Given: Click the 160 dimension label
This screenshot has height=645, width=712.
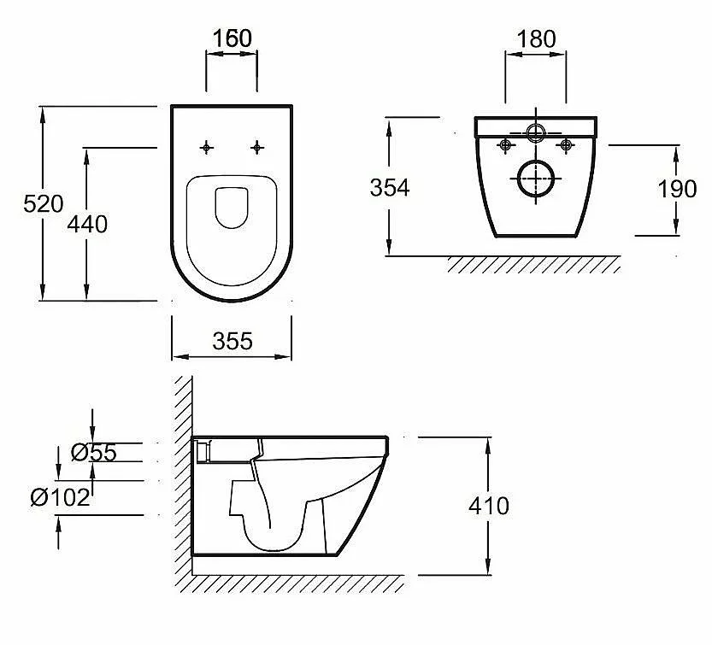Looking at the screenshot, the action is [232, 38].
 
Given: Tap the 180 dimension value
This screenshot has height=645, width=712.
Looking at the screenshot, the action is [536, 39].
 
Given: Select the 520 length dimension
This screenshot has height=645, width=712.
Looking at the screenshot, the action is [44, 204].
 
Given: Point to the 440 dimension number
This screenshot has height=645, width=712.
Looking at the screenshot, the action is [87, 224].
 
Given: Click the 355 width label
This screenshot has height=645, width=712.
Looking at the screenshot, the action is [232, 342].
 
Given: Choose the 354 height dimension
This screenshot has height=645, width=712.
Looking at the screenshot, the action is [390, 187].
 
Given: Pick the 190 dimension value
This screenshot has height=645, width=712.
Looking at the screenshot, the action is [677, 189].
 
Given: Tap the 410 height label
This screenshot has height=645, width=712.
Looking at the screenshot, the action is [489, 506].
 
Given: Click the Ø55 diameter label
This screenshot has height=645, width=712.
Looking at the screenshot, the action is [94, 453].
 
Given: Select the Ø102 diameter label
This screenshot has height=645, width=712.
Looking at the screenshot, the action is [61, 497].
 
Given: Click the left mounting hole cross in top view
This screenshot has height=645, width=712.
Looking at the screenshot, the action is [207, 148].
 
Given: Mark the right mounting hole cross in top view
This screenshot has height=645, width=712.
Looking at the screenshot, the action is [257, 148].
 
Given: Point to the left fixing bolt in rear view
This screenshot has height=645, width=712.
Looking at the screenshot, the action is [505, 145].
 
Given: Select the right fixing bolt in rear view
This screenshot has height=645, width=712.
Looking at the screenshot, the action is [565, 145].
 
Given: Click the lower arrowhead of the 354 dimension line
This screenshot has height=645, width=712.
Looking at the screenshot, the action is [389, 249].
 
